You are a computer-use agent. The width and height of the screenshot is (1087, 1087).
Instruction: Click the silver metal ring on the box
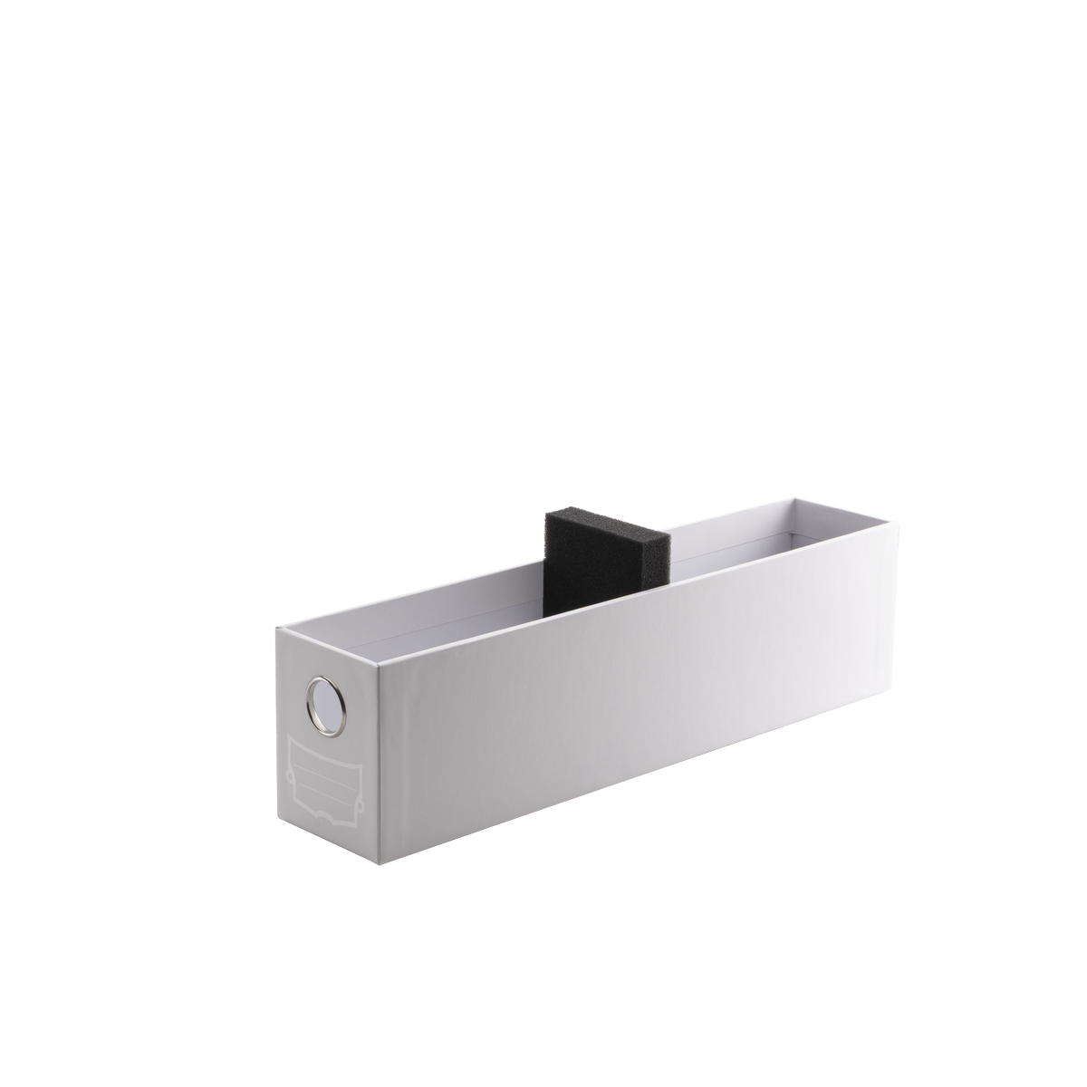pyautogui.click(x=312, y=695)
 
